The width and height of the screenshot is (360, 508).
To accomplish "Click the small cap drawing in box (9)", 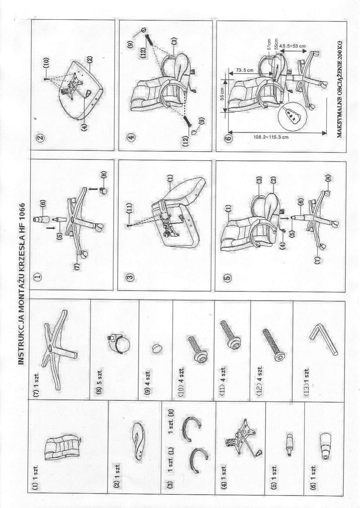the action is [x=157, y=348].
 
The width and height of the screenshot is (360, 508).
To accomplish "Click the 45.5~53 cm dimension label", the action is [x=293, y=46].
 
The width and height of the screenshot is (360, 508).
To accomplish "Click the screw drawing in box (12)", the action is [x=274, y=344].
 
